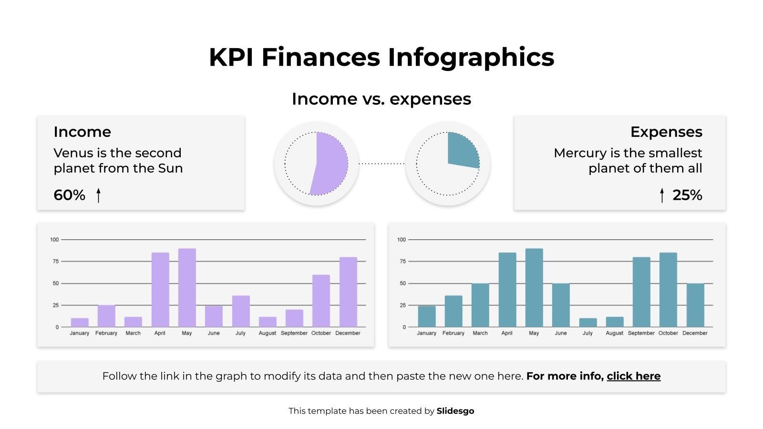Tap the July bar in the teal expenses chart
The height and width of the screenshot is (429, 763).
click(588, 323)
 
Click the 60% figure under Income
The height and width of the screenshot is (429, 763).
click(69, 195)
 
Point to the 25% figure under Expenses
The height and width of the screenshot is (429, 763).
click(687, 195)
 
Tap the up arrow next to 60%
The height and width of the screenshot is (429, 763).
click(98, 195)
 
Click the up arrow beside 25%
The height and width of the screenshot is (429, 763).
click(661, 195)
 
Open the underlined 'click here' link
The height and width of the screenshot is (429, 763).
click(633, 376)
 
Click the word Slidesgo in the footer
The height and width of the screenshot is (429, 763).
click(455, 411)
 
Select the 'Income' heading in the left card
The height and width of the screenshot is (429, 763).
click(82, 132)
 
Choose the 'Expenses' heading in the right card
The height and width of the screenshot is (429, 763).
click(666, 132)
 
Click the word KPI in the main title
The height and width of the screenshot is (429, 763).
click(231, 57)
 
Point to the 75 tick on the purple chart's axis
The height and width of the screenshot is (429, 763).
click(56, 261)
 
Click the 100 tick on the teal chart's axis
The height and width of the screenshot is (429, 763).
click(401, 239)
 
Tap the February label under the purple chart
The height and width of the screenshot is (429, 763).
click(106, 333)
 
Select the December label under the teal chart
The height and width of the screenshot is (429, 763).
click(694, 333)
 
